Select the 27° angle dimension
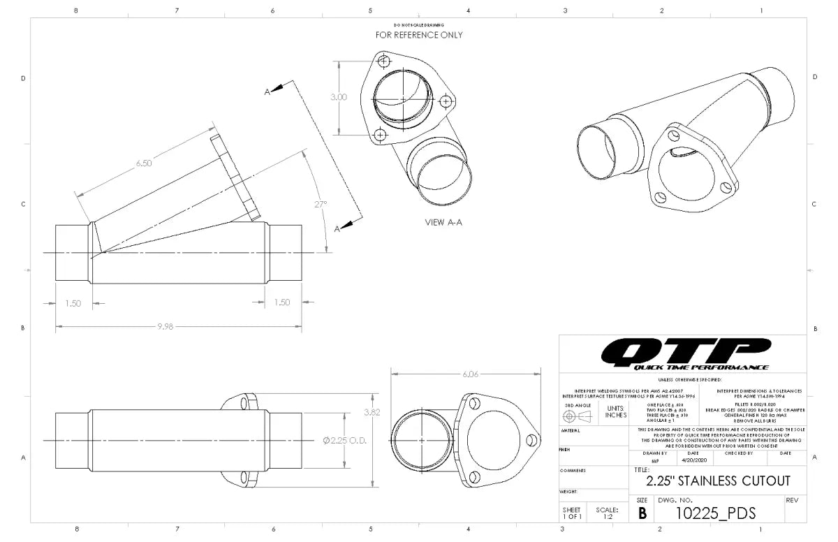point(321,204)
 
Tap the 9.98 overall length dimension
point(165,327)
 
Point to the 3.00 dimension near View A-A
point(338,97)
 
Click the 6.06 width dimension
point(471,374)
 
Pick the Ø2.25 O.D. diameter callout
point(345,441)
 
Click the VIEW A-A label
point(444,223)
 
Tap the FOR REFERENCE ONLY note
point(419,35)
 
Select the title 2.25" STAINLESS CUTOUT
point(718,481)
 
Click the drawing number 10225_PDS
point(716,513)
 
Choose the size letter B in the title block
point(642,513)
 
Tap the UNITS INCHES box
point(615,412)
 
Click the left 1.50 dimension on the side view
point(73,303)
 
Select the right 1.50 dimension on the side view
point(282,303)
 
